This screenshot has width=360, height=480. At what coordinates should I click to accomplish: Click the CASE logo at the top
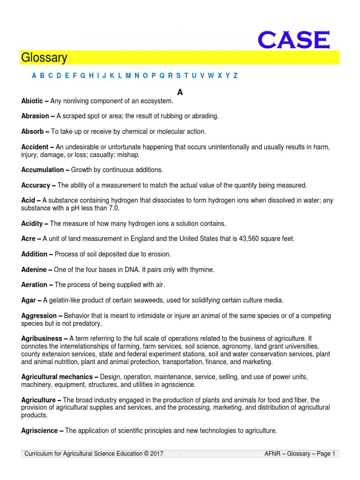pyautogui.click(x=294, y=41)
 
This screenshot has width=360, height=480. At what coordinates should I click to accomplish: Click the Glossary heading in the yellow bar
pyautogui.click(x=44, y=58)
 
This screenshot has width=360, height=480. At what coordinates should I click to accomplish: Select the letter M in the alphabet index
pyautogui.click(x=128, y=75)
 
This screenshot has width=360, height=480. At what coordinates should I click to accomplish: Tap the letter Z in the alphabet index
pyautogui.click(x=235, y=75)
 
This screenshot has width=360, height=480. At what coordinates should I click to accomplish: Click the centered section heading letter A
pyautogui.click(x=180, y=92)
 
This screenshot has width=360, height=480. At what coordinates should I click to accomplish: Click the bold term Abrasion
pyautogui.click(x=35, y=116)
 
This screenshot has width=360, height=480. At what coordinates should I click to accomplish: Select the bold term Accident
pyautogui.click(x=35, y=147)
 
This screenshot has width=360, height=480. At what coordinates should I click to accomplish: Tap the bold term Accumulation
pyautogui.click(x=43, y=170)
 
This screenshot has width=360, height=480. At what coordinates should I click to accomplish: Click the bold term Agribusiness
pyautogui.click(x=42, y=338)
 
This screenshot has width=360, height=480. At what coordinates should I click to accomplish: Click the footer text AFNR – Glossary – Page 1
pyautogui.click(x=300, y=453)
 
